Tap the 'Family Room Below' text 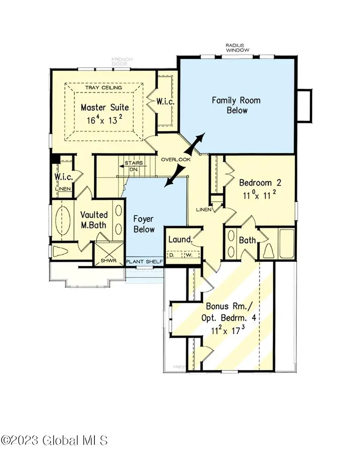point(236,105)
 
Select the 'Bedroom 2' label point(260,183)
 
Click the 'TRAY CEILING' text point(104,88)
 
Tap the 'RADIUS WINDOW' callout point(237,48)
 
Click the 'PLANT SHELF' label point(144,262)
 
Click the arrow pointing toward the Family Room point(198,141)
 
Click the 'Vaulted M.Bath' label point(93,220)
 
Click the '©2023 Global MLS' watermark point(54,440)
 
